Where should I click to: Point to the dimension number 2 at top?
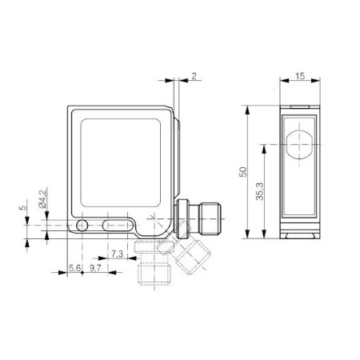click(x=194, y=77)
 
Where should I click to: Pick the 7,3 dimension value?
click(x=118, y=254)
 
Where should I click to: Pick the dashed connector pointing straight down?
click(x=147, y=270)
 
